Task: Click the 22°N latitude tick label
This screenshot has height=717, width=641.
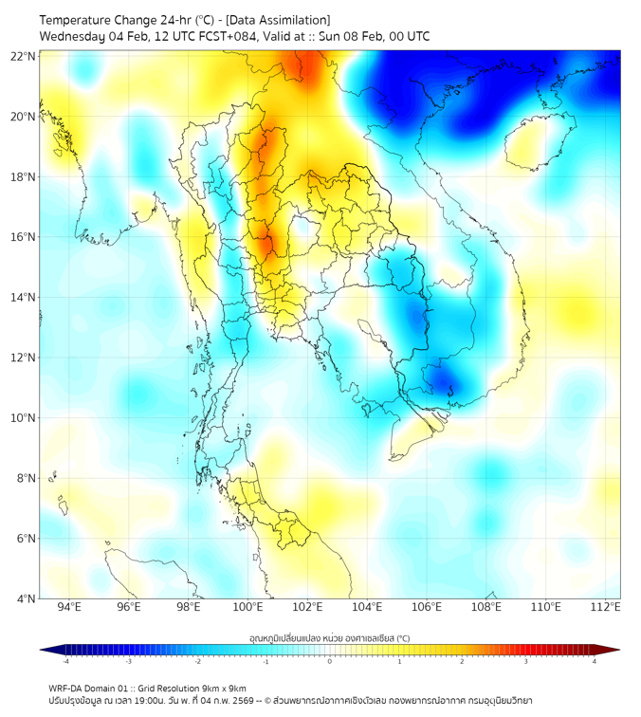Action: [24, 56]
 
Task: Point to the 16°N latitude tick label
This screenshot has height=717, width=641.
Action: [24, 237]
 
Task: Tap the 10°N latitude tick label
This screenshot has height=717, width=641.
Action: [24, 418]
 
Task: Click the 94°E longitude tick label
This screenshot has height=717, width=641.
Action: [69, 607]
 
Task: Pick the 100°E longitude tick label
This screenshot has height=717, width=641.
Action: [247, 607]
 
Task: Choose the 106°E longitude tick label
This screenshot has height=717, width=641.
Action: [427, 607]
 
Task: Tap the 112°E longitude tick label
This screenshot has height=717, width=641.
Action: [605, 607]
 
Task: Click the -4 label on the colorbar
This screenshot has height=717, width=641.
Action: [64, 662]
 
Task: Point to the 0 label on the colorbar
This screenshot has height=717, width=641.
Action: [330, 662]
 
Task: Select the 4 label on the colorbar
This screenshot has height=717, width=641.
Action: [595, 662]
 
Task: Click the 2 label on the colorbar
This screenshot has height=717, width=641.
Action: [462, 662]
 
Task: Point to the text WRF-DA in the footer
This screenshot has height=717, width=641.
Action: [68, 688]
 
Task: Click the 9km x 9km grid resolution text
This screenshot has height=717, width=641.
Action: [219, 688]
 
